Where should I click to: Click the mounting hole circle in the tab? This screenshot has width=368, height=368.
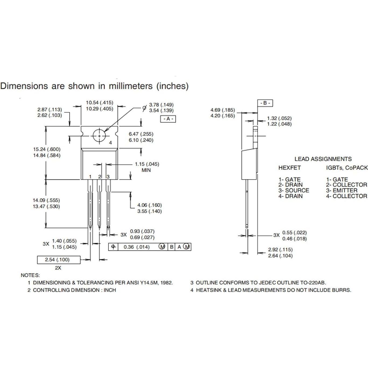click(100, 136)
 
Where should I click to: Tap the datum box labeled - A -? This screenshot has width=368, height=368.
click(168, 119)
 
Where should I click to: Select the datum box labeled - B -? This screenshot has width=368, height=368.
click(265, 103)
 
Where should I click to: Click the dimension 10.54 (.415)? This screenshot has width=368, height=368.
click(100, 102)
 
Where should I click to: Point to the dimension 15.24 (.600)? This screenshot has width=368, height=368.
click(47, 149)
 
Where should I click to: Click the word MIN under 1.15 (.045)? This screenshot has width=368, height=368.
click(146, 170)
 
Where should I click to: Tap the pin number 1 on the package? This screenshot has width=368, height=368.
click(90, 177)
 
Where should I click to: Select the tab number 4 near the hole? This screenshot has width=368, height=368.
click(111, 143)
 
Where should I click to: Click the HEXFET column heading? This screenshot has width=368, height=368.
click(289, 168)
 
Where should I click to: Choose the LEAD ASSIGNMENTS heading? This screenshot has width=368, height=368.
click(323, 159)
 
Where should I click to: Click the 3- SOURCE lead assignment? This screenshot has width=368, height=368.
click(294, 190)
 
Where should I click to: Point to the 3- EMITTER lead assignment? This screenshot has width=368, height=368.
click(342, 190)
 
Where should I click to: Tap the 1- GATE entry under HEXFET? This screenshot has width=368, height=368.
click(289, 179)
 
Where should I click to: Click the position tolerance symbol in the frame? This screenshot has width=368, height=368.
click(113, 247)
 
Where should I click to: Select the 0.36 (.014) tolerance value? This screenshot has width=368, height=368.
click(136, 247)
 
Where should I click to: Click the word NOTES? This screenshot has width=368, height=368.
click(30, 275)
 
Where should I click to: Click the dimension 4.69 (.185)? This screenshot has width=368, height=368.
click(222, 110)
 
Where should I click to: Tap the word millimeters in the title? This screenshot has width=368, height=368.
click(130, 86)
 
